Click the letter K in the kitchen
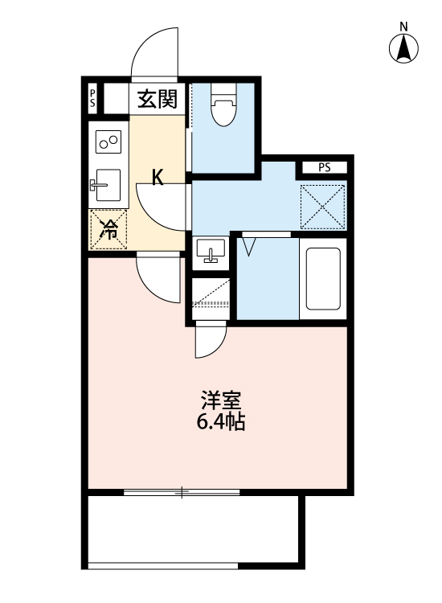pos(159,178)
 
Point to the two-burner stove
pos(108,143)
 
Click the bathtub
pos(323,279)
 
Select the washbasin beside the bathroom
pos(212,252)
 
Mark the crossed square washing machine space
pos(322,206)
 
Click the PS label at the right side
pos(324,168)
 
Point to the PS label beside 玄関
pos(93,99)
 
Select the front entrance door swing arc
pos(154,52)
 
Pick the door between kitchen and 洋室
pos(158,277)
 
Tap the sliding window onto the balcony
pos(182,492)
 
